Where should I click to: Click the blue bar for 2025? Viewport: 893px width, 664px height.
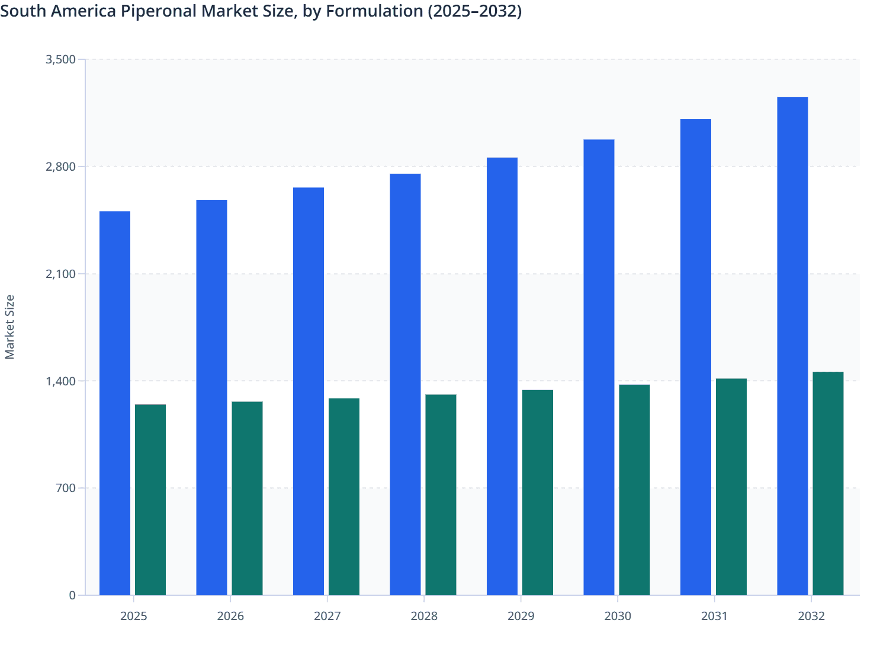coord(115,403)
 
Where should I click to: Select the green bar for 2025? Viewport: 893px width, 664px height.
coord(150,500)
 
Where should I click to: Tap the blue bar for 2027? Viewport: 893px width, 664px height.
coord(309,391)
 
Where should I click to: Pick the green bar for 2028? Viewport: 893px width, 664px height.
coord(441,494)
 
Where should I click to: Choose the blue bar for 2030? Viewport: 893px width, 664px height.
coord(599,368)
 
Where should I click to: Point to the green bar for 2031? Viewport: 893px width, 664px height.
coord(731,487)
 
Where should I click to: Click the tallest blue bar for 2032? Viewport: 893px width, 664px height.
coord(792,346)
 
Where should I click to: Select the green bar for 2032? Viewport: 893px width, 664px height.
coord(828,483)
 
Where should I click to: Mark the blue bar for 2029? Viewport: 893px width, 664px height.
coord(502,376)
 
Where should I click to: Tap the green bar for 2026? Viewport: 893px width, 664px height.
coord(247,498)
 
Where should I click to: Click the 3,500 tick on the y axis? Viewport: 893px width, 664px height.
coord(60,59)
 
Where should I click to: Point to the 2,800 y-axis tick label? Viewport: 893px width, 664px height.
coord(60,167)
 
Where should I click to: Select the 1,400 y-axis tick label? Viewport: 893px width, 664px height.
coord(60,381)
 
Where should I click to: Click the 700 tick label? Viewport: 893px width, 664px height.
coord(65,488)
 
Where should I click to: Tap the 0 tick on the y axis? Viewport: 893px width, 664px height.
coord(72,595)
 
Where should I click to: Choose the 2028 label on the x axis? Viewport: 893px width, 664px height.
coord(424,616)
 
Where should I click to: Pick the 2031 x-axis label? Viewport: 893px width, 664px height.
coord(715,616)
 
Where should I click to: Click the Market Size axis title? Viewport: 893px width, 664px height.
coord(10,327)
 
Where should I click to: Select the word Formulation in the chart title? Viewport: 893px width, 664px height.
coord(374,11)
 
